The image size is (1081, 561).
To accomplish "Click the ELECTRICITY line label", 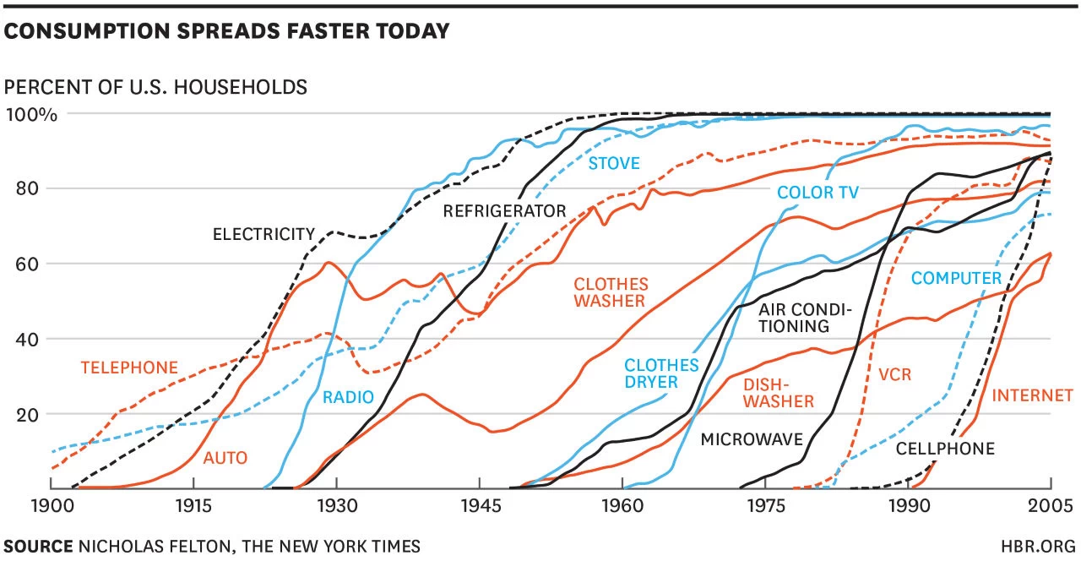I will coord(263,234).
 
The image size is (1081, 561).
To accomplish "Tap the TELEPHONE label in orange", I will coord(129,368).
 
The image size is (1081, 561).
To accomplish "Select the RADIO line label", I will coord(348,397).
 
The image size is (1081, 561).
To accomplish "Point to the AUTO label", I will coord(225,458).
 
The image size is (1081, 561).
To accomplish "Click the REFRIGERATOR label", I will coord(504,211).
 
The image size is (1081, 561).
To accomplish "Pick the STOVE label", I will coord(614,163).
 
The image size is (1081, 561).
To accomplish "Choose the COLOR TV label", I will coord(818,193).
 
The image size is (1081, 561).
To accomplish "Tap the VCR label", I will coord(894,373).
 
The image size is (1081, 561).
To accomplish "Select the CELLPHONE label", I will coord(945,449).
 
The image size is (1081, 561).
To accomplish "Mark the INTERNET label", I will coord(1022,395).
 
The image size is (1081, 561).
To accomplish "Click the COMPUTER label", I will coord(956,278).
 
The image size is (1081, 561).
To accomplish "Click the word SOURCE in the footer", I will coord(38,546).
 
